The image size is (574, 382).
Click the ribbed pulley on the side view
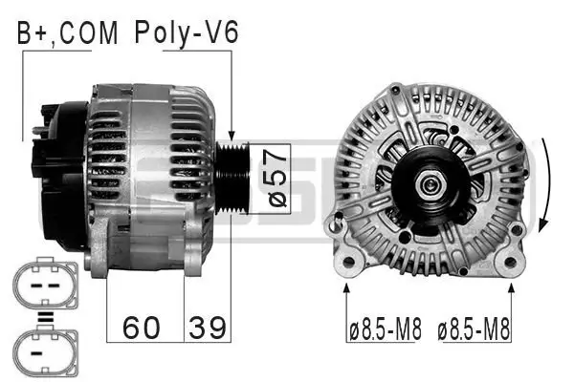[x=232, y=179]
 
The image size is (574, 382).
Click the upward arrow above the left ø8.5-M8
[x=346, y=291]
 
